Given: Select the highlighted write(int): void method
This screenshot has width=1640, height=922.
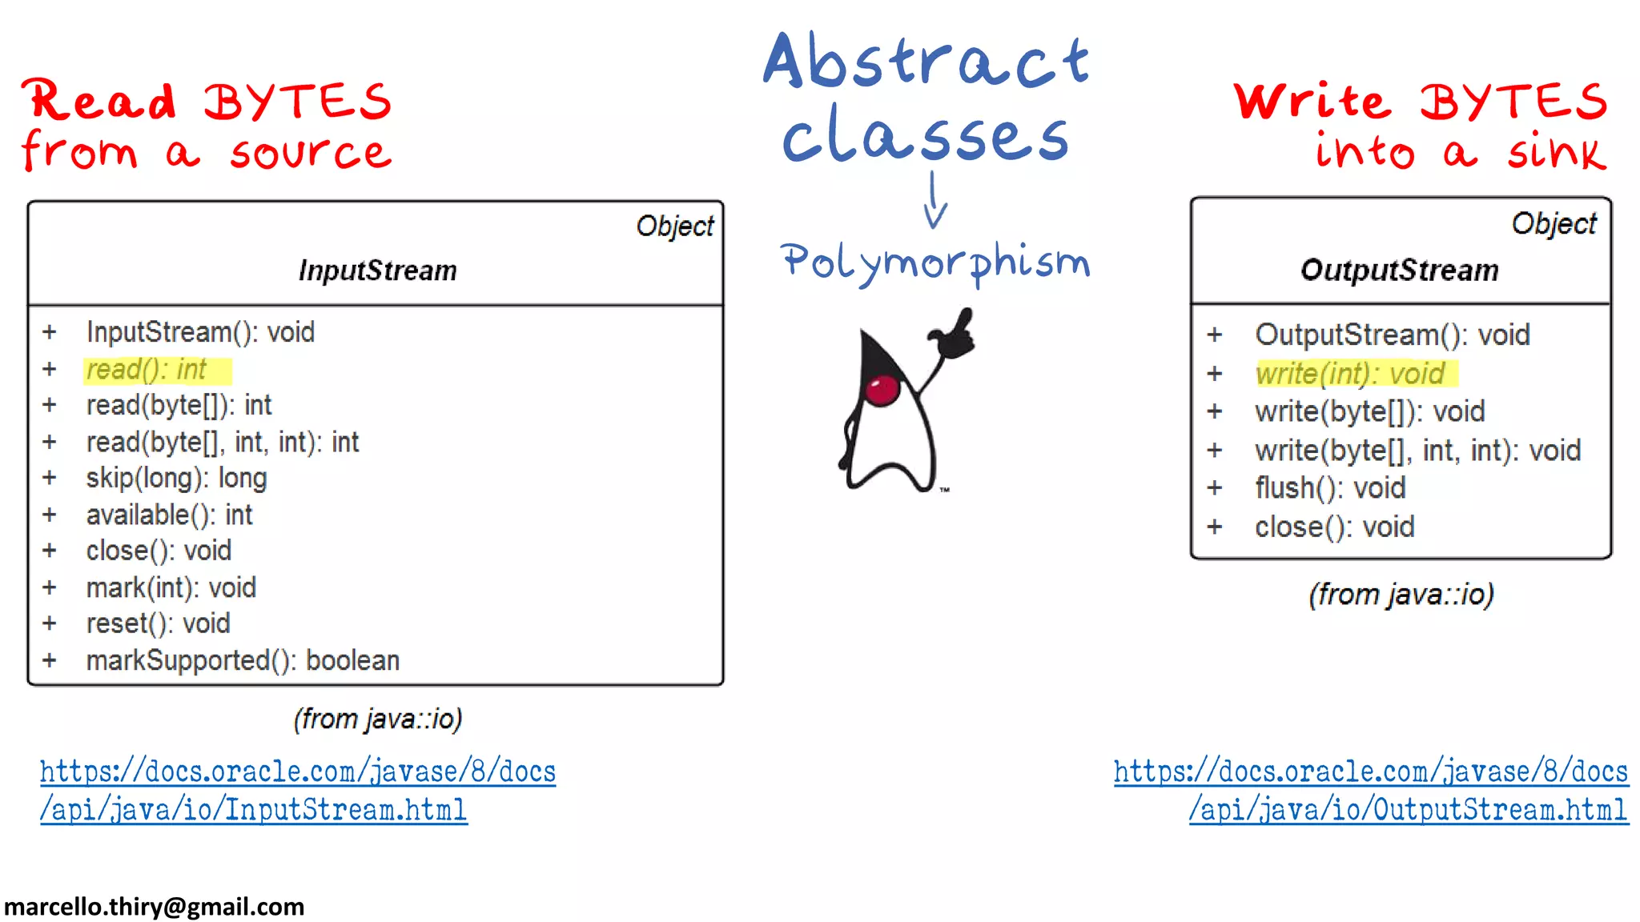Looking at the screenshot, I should point(1350,374).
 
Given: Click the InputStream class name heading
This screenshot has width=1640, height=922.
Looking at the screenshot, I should point(377,271).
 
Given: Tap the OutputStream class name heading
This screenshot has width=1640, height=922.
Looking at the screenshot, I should point(1399,271).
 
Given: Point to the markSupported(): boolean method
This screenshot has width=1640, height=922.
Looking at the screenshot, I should point(243,660).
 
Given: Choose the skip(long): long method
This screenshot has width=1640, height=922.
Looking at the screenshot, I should point(176,478).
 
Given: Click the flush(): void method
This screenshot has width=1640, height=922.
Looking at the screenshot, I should point(1330,487).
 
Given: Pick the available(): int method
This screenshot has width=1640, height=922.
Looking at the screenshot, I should point(169,515).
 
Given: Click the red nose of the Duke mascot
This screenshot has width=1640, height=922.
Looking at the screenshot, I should point(882,390).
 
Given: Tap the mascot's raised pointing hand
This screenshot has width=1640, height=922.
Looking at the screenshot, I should point(954,335).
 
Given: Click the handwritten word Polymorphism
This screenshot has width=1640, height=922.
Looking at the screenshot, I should point(935,263).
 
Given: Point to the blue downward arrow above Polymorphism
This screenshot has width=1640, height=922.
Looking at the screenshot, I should point(934,202).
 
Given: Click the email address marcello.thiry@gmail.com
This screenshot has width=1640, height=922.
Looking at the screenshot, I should point(155,907).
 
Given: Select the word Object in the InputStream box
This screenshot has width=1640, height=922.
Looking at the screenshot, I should point(674,226).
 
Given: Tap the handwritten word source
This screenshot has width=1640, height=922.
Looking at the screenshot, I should point(311,152).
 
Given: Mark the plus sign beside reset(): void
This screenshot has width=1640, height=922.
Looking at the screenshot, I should point(50,623).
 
